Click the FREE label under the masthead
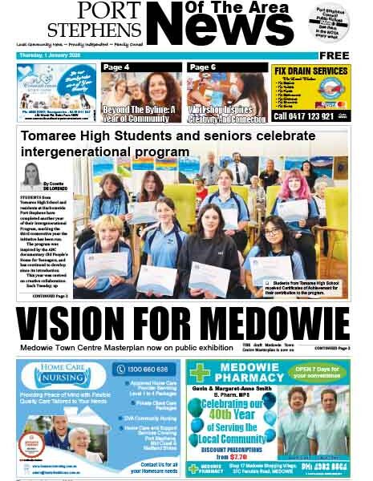click(334, 56)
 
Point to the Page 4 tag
click(116, 67)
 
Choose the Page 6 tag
click(203, 67)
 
